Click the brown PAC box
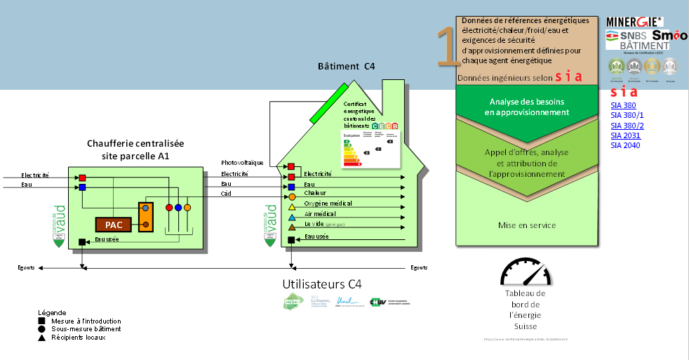point(114,225)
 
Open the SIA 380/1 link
point(627,115)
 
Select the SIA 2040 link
point(625,145)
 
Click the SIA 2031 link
point(625,135)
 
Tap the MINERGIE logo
point(634,22)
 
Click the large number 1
point(446,48)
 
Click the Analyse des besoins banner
point(527,107)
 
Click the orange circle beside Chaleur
point(292,197)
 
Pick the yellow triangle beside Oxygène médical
point(292,207)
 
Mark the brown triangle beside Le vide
point(292,227)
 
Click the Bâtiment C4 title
point(347,66)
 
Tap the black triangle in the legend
point(42,338)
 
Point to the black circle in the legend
point(42,329)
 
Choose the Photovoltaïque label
point(242,163)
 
